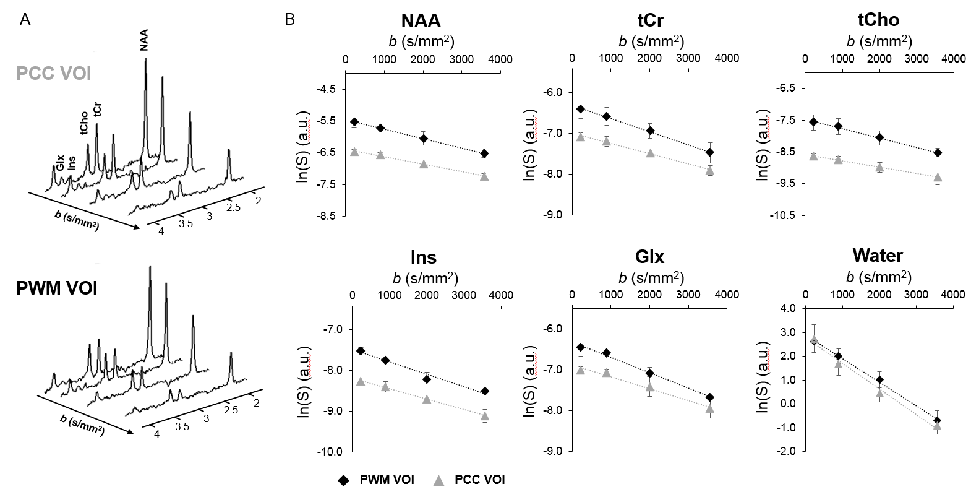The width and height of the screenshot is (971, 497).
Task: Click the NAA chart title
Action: (421, 20)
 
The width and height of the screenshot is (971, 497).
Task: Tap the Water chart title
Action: (877, 255)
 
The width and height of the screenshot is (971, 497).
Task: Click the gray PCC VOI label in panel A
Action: (54, 74)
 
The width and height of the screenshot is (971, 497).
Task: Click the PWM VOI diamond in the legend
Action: (343, 480)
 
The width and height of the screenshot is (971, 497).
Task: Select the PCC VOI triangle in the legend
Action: (438, 480)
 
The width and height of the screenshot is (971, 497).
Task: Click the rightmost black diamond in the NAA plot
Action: (484, 153)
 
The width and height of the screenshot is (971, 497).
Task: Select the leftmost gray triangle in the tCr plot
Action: (580, 136)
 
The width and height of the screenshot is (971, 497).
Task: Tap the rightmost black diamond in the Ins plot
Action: (485, 391)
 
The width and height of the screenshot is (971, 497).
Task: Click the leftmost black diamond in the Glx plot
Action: (580, 347)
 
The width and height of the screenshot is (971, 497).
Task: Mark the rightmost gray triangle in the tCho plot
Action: (938, 177)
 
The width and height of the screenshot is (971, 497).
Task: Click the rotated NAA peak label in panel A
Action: (144, 43)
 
